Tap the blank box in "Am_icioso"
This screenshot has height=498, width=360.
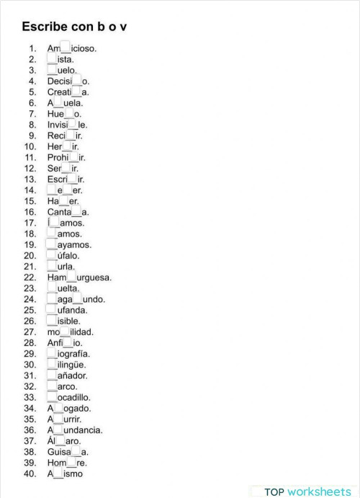tap(66, 48)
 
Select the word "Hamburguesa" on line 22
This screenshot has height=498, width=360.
tap(79, 277)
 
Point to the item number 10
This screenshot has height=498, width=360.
tap(30, 146)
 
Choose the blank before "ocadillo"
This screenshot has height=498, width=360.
tap(52, 397)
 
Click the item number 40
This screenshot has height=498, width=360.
tap(30, 473)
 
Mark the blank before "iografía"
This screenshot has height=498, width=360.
tap(52, 353)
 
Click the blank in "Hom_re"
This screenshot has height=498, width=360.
tap(71, 463)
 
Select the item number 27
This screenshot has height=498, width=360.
tap(30, 332)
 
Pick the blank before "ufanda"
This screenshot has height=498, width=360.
tap(52, 310)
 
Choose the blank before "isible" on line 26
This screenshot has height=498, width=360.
tap(52, 321)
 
